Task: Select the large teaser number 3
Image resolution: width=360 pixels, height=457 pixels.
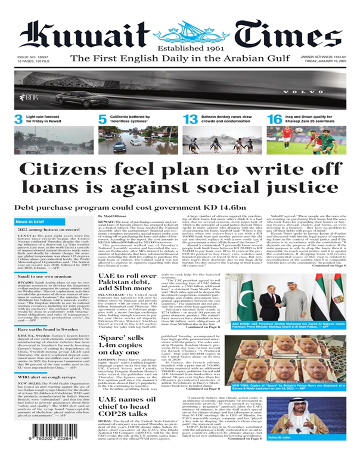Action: click(x=19, y=119)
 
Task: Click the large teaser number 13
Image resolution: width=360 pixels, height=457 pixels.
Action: click(x=191, y=119)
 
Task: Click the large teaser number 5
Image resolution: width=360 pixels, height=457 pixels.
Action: click(x=103, y=119)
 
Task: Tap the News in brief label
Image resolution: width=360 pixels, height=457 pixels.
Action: click(x=33, y=222)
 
